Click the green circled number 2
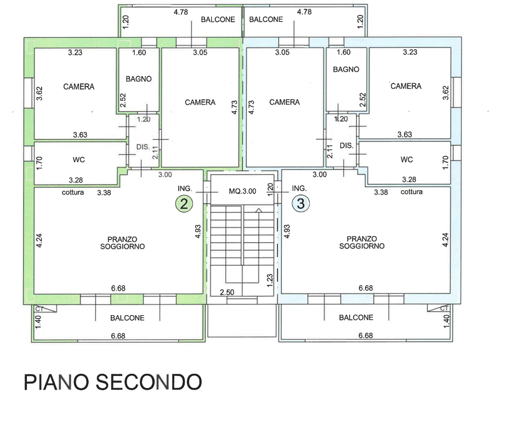[184, 204]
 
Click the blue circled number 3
[301, 203]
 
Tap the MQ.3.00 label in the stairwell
[242, 191]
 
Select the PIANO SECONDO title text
[113, 382]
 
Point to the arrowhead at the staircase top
[259, 210]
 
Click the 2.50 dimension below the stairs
[227, 292]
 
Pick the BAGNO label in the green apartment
[139, 79]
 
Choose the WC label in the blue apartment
[407, 159]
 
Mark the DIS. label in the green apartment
[143, 147]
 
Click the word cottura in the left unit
[73, 192]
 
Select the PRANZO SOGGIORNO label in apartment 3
[362, 242]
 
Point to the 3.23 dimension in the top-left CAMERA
[75, 53]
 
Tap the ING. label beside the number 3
[299, 189]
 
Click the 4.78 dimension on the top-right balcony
[304, 12]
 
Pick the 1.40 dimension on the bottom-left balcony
[38, 322]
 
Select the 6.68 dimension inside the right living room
[366, 288]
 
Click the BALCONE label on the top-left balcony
[218, 20]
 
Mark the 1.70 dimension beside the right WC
[445, 163]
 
